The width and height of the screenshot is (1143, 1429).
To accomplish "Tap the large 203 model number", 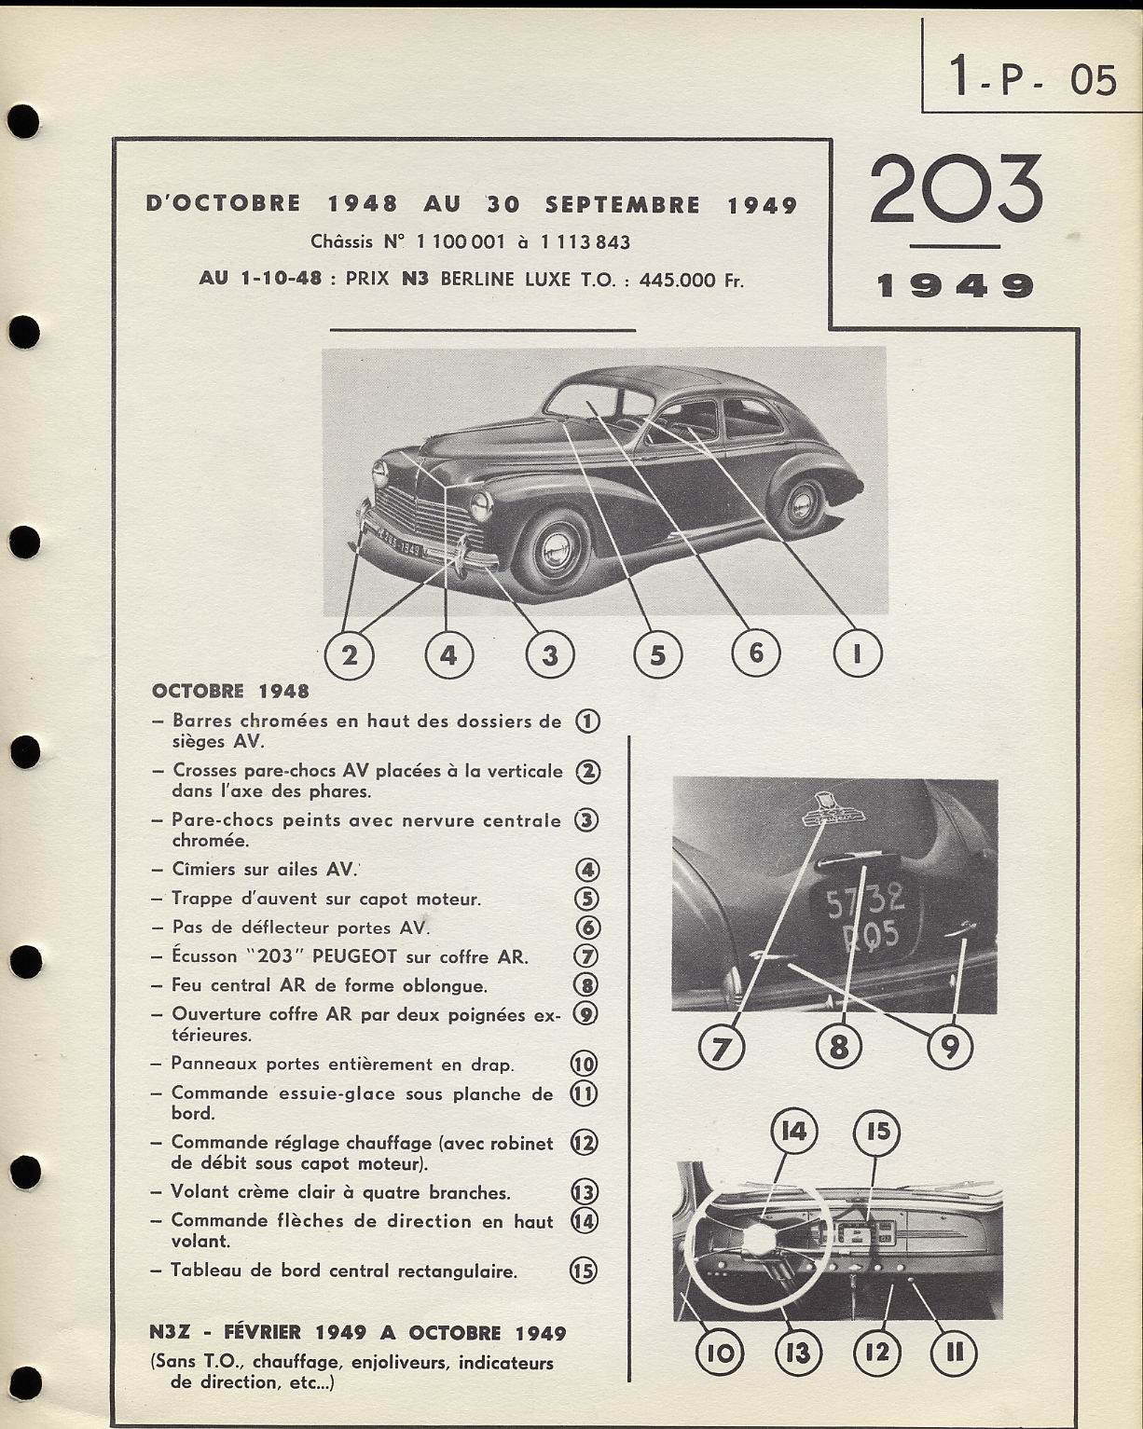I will [x=956, y=190].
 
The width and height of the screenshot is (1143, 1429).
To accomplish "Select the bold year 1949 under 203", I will [x=956, y=285].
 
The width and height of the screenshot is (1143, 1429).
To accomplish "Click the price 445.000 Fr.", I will [x=691, y=280].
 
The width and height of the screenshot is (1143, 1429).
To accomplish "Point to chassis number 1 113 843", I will [x=585, y=243].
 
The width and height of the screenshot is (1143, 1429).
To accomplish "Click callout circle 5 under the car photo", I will [x=657, y=654].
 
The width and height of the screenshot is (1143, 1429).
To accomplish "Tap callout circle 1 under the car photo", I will [x=856, y=654].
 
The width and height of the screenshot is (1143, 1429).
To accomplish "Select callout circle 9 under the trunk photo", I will [x=949, y=1048].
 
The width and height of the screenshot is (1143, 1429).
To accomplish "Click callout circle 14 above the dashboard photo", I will [x=793, y=1132].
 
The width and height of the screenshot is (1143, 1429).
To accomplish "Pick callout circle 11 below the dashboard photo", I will [x=954, y=1352].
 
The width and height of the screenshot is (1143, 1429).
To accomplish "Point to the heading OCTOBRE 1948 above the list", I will [x=230, y=692].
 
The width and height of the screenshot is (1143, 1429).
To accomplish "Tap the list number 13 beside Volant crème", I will [x=585, y=1192].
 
